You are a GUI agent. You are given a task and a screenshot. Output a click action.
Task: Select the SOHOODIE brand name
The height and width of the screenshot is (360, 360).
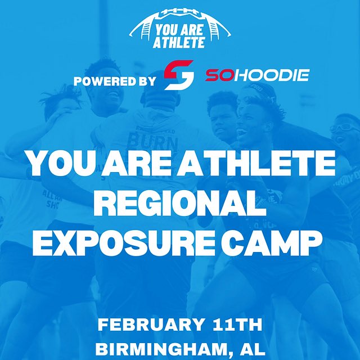(256, 75)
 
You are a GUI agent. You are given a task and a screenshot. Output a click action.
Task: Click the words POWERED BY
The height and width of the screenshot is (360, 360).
(115, 80)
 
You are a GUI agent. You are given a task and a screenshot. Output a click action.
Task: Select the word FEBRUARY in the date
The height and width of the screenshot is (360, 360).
(149, 325)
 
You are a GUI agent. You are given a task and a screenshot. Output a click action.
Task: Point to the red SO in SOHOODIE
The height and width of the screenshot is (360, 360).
(217, 75)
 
